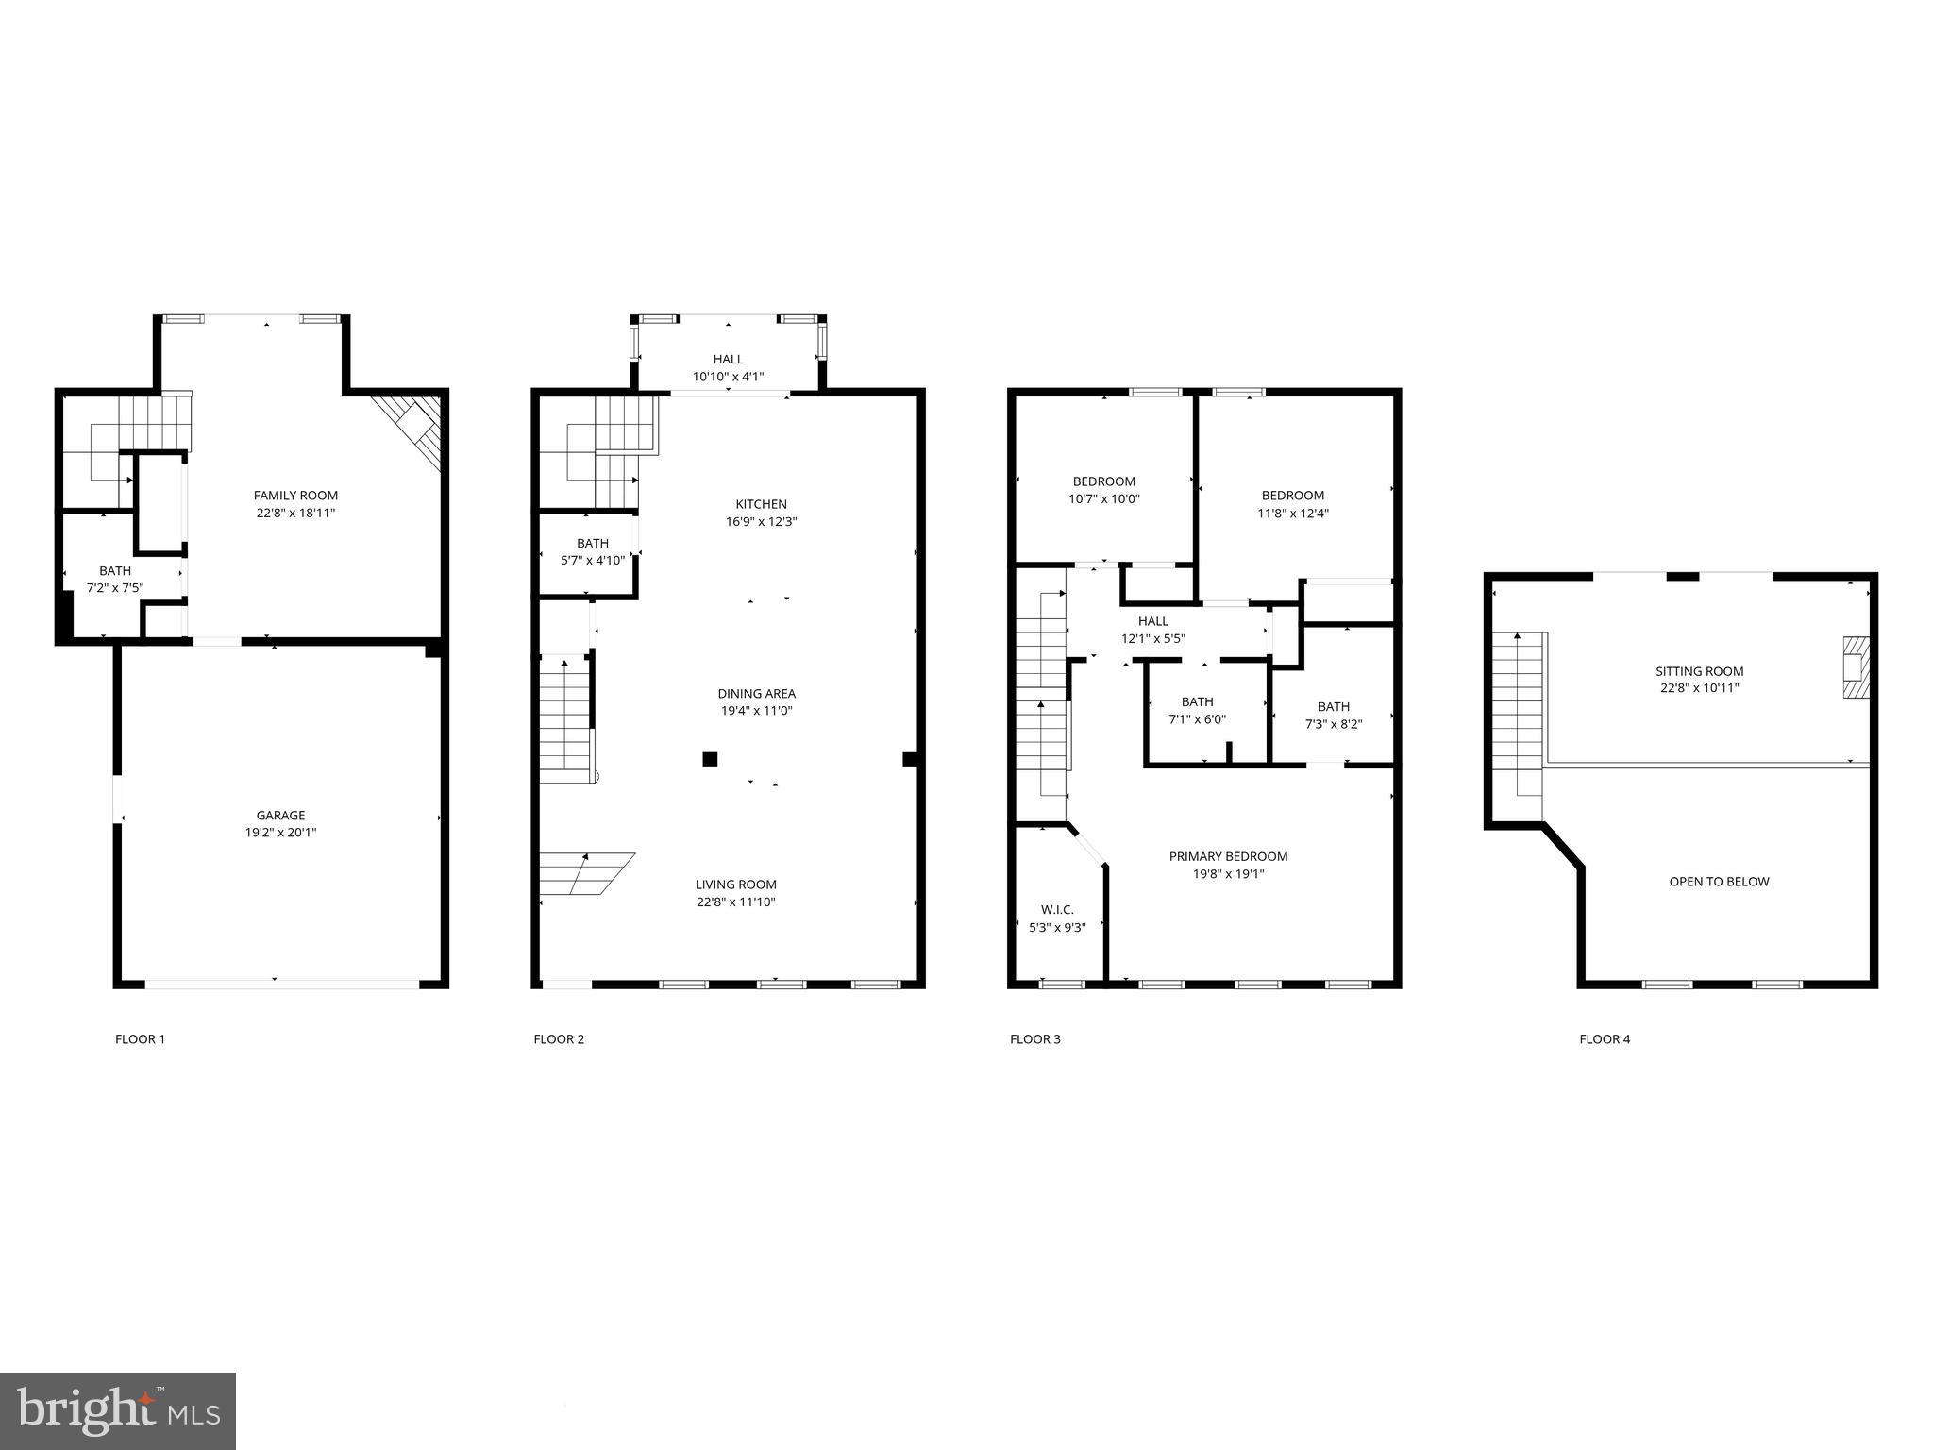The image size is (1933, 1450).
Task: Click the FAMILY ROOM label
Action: (x=294, y=496)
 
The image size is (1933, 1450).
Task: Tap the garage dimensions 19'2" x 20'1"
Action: (x=280, y=833)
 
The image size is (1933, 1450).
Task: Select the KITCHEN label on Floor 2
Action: (x=761, y=504)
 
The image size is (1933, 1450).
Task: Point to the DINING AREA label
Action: (x=756, y=694)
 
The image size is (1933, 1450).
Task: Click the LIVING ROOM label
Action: (x=736, y=885)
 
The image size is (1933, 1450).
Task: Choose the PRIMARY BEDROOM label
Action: (x=1228, y=856)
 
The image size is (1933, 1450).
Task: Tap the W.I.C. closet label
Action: (x=1057, y=909)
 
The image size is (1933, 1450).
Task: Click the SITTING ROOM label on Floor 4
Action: (x=1699, y=671)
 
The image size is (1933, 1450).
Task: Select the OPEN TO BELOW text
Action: (x=1719, y=882)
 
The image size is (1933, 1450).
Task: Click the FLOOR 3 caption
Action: (x=1034, y=1039)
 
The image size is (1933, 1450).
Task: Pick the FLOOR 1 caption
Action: (x=140, y=1039)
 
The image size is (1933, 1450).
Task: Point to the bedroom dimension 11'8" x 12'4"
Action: (x=1292, y=514)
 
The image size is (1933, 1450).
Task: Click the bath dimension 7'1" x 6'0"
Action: (x=1197, y=719)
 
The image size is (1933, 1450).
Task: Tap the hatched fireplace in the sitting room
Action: (x=1855, y=667)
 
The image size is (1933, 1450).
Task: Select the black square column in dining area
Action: (x=710, y=758)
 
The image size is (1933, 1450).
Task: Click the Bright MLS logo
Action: (x=118, y=1411)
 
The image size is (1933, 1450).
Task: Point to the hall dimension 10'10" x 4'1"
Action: (x=728, y=377)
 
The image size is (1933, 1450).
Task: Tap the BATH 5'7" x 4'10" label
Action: (x=592, y=543)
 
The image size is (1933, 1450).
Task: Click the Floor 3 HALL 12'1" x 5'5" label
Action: (x=1152, y=621)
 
